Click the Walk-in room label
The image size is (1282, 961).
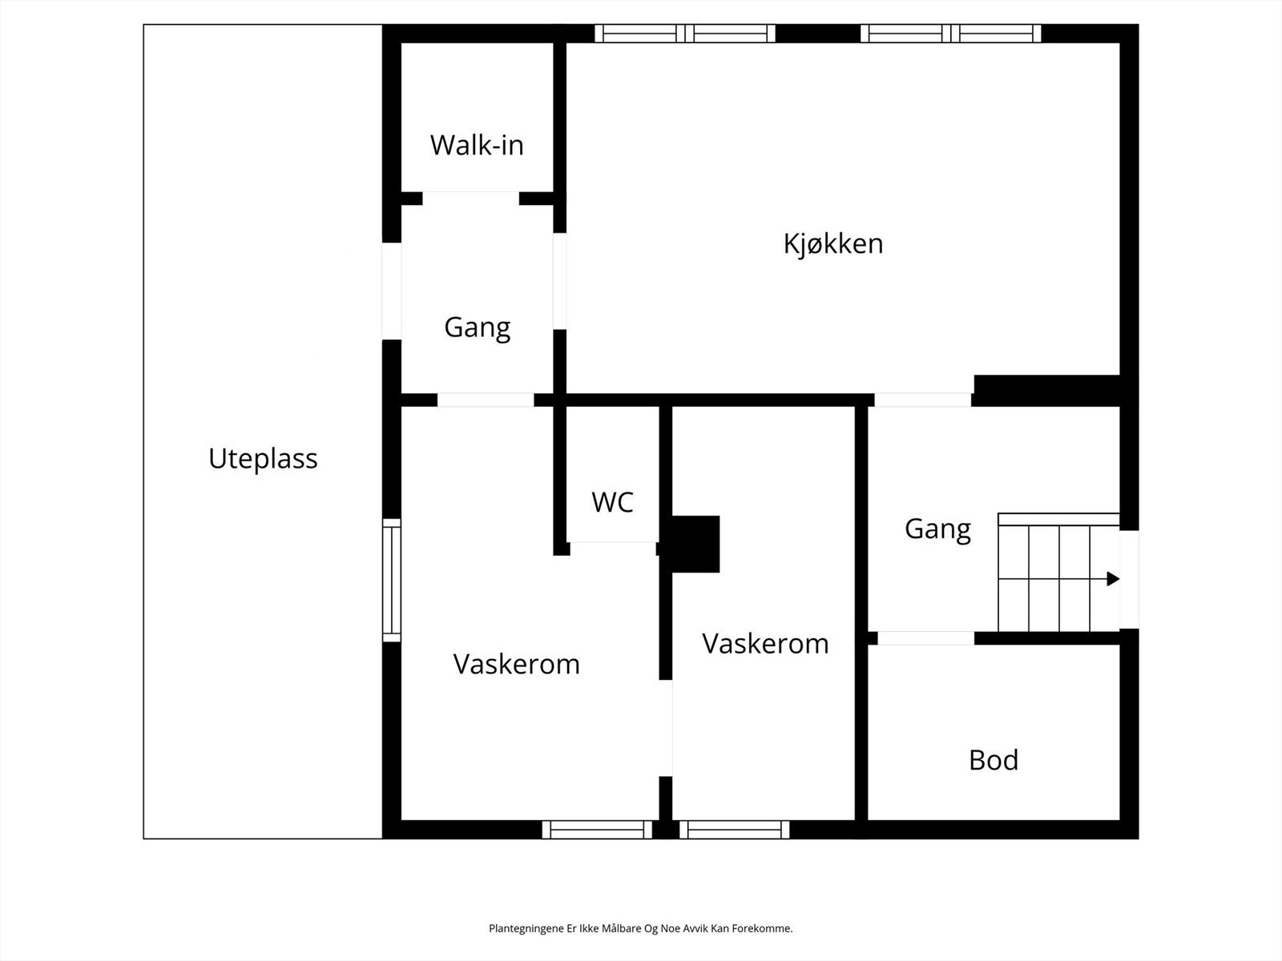tap(477, 145)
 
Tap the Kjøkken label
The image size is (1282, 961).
tap(833, 243)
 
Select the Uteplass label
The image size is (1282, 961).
tap(263, 459)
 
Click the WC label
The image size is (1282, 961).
tap(612, 502)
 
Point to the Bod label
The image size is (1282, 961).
tap(994, 760)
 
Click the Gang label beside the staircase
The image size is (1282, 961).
tap(937, 529)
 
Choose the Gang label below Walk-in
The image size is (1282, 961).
tap(477, 328)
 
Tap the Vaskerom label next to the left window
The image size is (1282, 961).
tap(516, 664)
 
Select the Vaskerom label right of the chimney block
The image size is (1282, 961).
tap(765, 644)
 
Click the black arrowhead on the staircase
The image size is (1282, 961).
tap(1112, 578)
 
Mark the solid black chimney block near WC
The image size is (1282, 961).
tap(694, 544)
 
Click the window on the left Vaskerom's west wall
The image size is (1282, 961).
tap(391, 580)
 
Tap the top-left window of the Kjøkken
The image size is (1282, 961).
tap(685, 33)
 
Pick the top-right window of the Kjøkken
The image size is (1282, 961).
tap(950, 33)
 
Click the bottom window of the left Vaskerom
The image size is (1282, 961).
tap(597, 830)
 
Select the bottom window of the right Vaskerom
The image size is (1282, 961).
tap(734, 830)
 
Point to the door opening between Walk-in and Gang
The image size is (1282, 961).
tap(470, 198)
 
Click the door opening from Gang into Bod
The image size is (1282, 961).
tap(925, 638)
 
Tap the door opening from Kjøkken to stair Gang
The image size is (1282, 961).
tap(923, 400)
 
